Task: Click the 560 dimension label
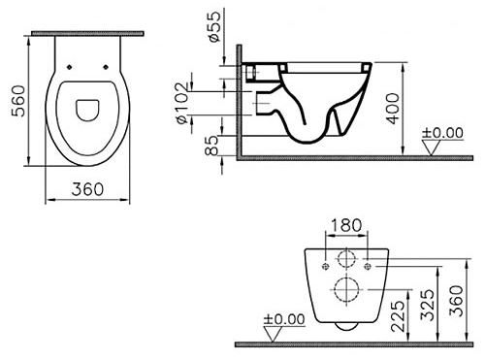(x=18, y=101)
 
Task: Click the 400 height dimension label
(x=393, y=109)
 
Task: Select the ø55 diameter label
(x=214, y=27)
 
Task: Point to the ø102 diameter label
(x=182, y=104)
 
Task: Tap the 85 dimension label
(x=212, y=146)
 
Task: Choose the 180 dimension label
(x=346, y=225)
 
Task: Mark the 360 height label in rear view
(x=457, y=301)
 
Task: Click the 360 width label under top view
(x=87, y=189)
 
